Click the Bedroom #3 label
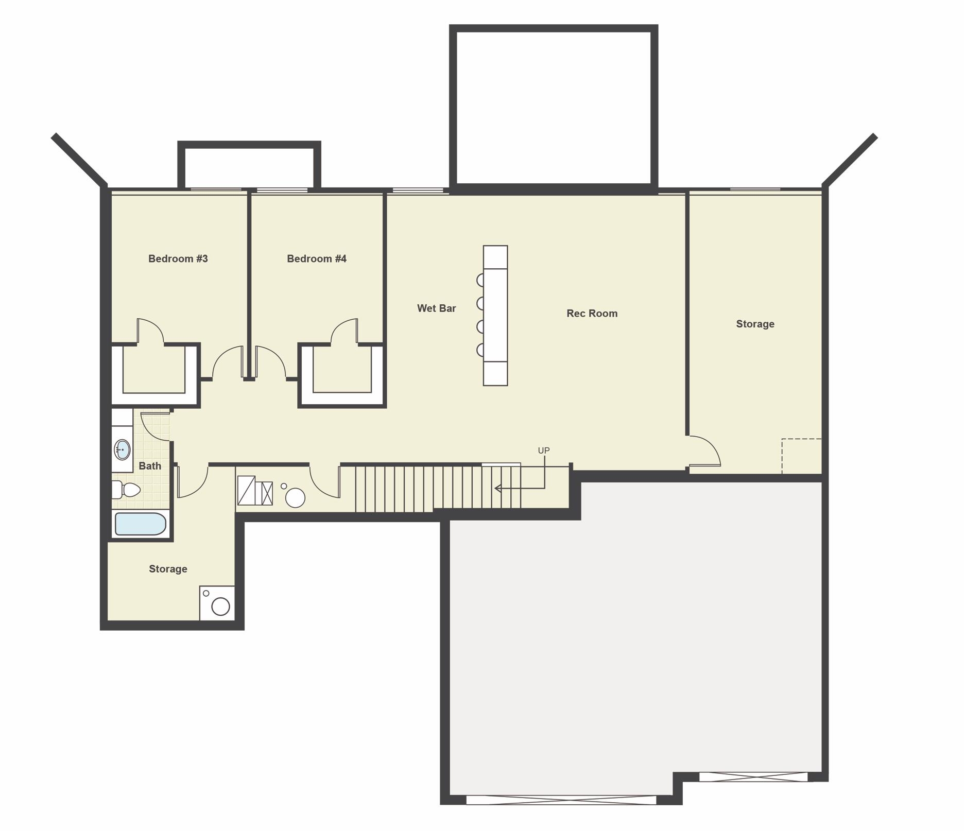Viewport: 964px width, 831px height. (x=178, y=258)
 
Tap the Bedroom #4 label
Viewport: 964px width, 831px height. (x=316, y=258)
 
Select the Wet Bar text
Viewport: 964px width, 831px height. (x=436, y=308)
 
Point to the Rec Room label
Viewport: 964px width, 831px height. (x=592, y=314)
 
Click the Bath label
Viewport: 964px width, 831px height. (x=150, y=466)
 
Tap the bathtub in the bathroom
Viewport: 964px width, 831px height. (x=141, y=524)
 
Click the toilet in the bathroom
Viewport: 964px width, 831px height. (x=126, y=490)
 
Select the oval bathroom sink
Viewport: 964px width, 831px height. (x=123, y=449)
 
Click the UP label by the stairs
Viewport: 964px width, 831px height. (x=544, y=451)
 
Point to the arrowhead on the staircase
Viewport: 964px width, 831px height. (x=498, y=488)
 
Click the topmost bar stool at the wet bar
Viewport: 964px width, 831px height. (x=480, y=280)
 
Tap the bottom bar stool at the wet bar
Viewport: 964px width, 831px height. (x=480, y=350)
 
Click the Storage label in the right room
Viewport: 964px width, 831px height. (x=755, y=324)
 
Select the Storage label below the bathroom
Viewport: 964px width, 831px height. (x=168, y=569)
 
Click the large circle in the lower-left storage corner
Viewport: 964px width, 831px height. (x=220, y=607)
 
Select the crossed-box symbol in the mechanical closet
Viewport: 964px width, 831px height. (x=267, y=493)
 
